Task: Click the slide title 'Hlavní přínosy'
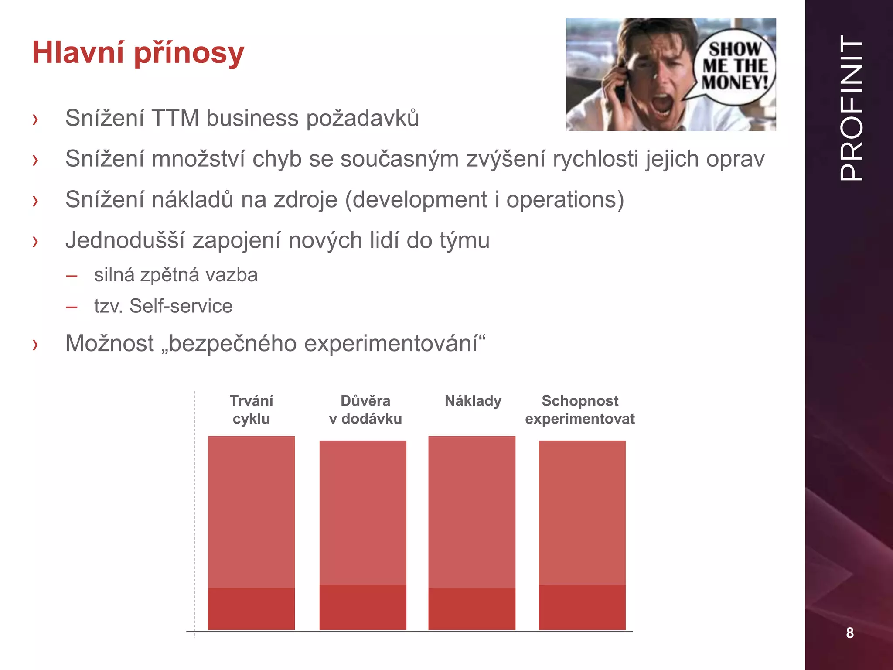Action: coord(138,53)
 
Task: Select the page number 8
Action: coord(849,632)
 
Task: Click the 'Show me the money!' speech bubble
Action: coord(735,66)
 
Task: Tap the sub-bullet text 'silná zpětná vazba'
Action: coord(176,275)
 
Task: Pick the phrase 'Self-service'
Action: coord(181,306)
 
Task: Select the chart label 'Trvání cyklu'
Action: coord(251,410)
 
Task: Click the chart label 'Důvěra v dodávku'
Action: coord(365,410)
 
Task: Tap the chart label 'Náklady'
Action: coord(473,401)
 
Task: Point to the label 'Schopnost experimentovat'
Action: coord(579,410)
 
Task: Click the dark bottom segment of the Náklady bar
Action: coord(472,608)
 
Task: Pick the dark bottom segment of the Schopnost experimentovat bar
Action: coord(582,607)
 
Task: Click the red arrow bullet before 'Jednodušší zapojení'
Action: coord(35,241)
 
